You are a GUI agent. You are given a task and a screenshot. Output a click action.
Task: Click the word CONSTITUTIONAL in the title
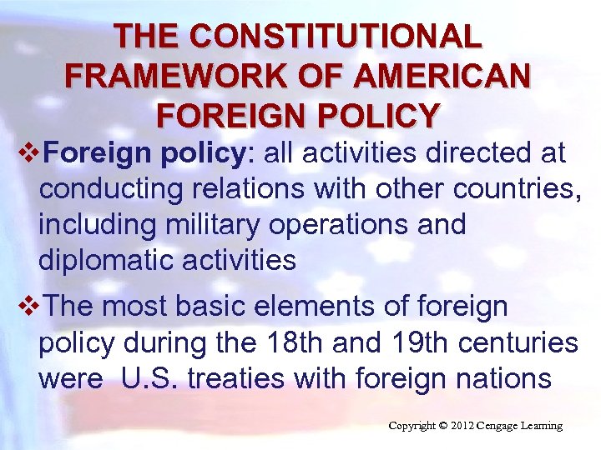point(336,37)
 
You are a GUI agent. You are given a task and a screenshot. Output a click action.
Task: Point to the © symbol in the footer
point(442,426)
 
